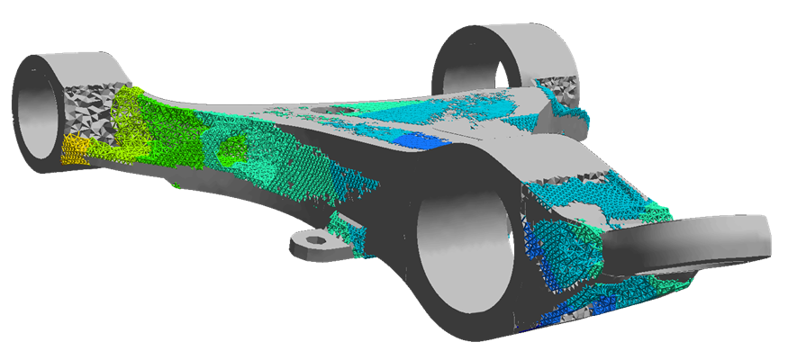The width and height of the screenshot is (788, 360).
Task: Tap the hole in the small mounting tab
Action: (x=315, y=241)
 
